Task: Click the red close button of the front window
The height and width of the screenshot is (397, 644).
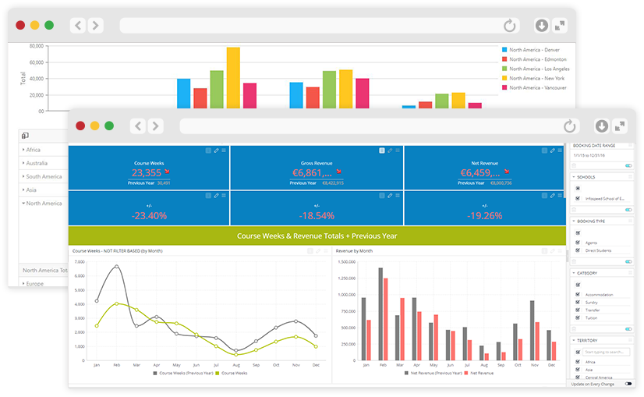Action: click(80, 126)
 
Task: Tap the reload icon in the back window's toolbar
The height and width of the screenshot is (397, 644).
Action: click(510, 26)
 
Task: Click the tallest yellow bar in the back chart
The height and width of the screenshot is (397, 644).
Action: click(233, 77)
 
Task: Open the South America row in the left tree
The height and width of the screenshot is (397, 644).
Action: click(43, 177)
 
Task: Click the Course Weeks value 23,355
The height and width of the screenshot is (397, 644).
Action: click(147, 173)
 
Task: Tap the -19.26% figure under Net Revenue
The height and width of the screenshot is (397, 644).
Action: click(484, 215)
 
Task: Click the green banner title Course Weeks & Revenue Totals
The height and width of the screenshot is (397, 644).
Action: click(317, 235)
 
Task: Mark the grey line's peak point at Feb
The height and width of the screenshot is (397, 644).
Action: click(117, 267)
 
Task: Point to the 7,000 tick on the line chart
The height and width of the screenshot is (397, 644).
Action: click(79, 263)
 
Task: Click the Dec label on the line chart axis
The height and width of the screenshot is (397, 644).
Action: click(315, 365)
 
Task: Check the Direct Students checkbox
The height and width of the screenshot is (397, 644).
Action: click(577, 250)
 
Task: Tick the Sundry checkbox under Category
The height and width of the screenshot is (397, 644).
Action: click(577, 302)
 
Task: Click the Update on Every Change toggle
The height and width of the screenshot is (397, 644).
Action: click(628, 384)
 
